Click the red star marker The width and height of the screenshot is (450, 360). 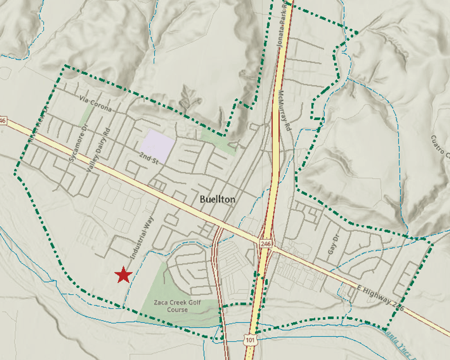123,275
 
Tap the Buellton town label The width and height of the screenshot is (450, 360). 217,199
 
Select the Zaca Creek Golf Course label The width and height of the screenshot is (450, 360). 177,306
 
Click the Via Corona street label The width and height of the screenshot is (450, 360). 96,104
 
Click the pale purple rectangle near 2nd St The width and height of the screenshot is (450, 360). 158,144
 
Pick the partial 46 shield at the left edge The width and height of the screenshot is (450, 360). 3,121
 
